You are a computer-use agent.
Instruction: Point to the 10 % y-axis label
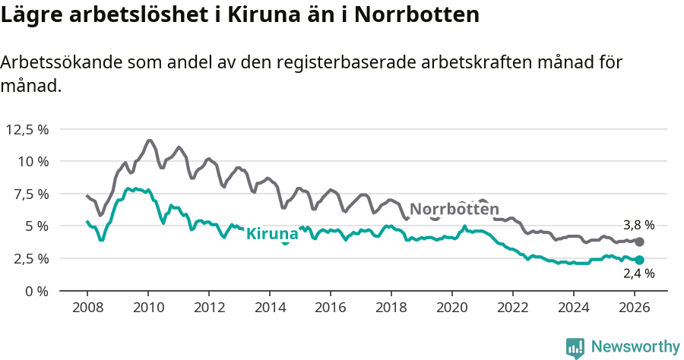point(33,161)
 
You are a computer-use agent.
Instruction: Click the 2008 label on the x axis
point(87,308)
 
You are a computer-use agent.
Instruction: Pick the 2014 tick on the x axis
point(270,308)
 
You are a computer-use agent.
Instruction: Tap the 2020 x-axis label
point(452,308)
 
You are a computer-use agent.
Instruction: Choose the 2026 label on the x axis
point(635,308)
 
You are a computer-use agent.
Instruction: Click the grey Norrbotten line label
point(454,210)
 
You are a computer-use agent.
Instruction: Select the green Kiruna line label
point(272,234)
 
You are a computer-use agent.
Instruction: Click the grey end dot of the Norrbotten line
point(639,242)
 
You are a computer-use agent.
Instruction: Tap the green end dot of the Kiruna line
point(639,261)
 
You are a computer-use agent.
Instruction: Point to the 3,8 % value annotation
point(638,226)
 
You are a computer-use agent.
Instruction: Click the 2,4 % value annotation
point(638,275)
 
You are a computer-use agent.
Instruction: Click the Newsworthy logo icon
point(575,347)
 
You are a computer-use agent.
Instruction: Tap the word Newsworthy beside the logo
point(635,347)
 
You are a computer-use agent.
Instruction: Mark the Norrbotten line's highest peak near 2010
point(149,141)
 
